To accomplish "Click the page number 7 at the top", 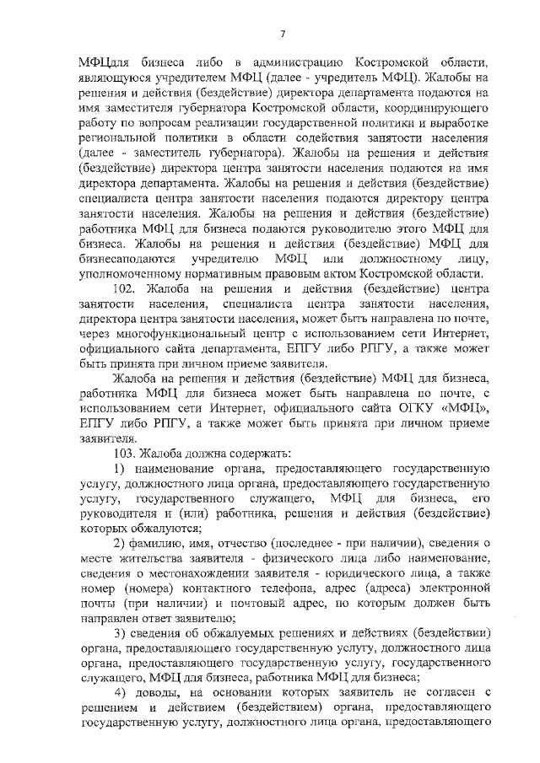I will [x=283, y=33].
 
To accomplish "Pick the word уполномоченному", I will [x=131, y=276].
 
